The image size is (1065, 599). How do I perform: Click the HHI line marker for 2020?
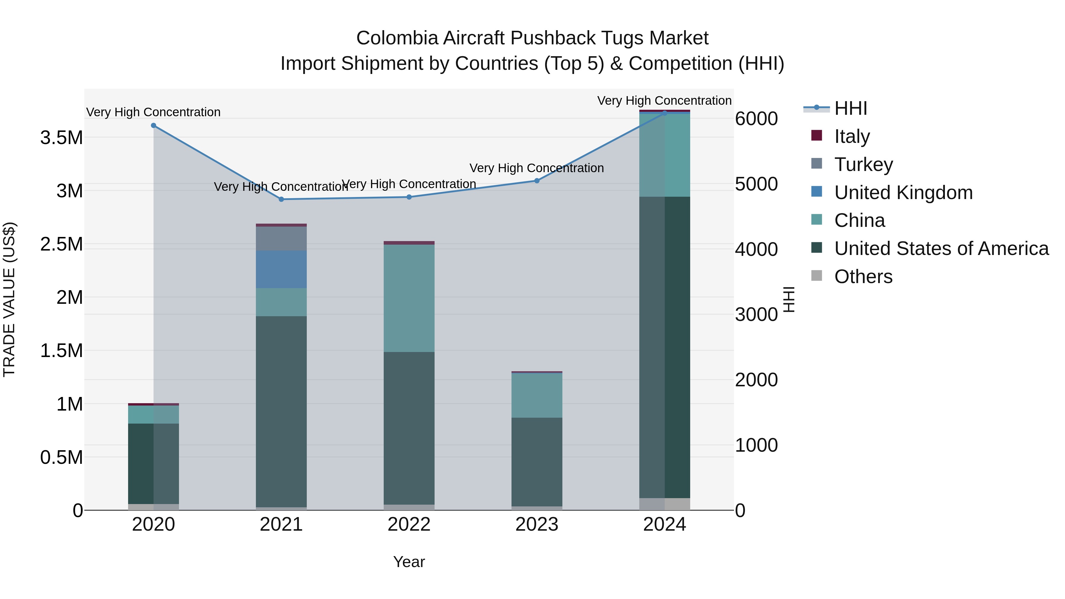tap(153, 125)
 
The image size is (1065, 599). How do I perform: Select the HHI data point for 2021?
tap(281, 199)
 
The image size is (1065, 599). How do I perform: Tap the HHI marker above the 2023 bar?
tap(537, 181)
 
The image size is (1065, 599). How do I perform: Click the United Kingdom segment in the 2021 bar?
tap(281, 269)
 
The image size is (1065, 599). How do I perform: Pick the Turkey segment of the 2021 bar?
tap(281, 238)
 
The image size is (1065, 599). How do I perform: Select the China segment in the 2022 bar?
tap(409, 298)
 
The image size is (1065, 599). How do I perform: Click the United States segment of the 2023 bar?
tap(537, 462)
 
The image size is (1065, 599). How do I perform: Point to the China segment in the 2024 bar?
tap(664, 155)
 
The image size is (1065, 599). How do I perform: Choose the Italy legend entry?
tap(852, 136)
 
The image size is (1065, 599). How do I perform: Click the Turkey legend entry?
tap(863, 164)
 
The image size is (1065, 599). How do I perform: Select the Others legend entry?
tap(863, 277)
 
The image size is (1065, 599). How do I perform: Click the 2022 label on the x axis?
tap(409, 524)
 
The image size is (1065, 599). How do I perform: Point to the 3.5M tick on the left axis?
tap(61, 138)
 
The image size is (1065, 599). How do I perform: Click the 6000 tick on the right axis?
tap(756, 119)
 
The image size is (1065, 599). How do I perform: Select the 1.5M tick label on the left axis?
tap(61, 351)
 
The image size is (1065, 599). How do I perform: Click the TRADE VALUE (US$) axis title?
tap(9, 299)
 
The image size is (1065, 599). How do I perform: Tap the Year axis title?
tap(409, 562)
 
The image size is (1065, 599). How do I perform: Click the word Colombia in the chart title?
tap(397, 38)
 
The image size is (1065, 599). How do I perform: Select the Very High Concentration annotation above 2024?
tap(664, 101)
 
